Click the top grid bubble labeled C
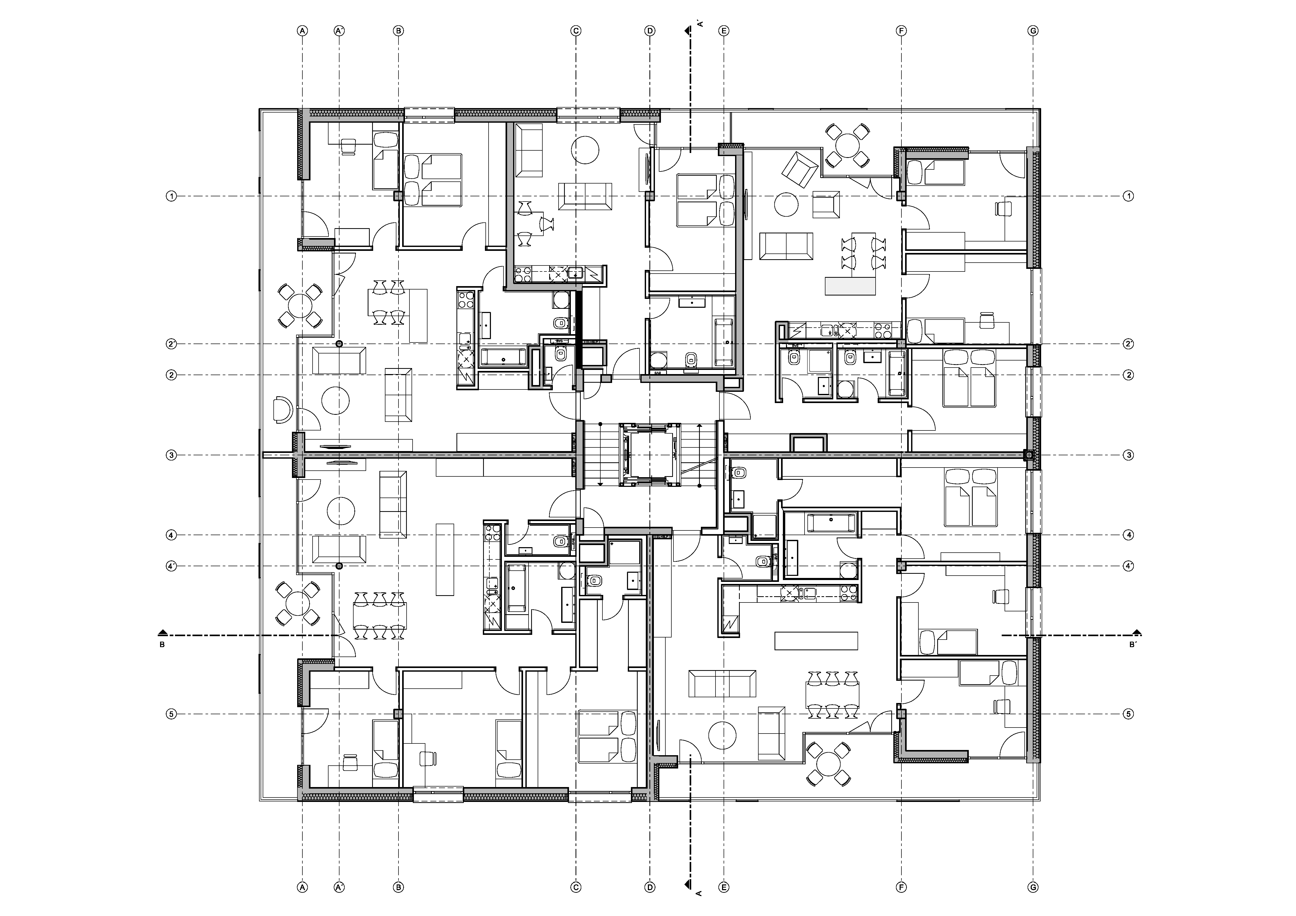tap(576, 31)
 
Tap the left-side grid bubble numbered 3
tap(172, 455)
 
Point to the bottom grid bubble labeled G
tap(1033, 887)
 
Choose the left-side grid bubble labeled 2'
tap(172, 344)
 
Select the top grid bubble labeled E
tap(724, 31)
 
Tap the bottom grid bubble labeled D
tap(650, 887)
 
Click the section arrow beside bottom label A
tap(687, 883)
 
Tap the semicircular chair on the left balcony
tap(282, 409)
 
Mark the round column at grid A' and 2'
tap(339, 344)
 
